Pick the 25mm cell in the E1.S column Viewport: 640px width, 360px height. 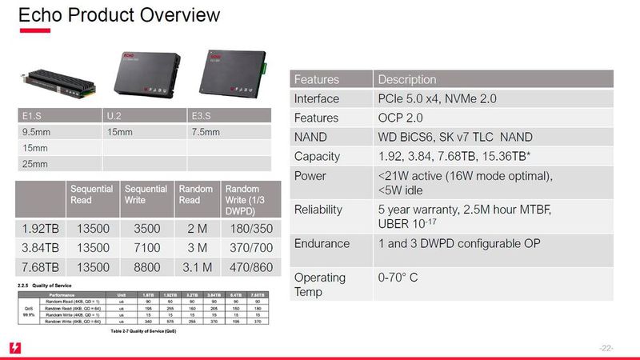coord(31,164)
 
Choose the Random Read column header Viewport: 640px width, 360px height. coord(195,195)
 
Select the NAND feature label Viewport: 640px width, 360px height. coord(312,137)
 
